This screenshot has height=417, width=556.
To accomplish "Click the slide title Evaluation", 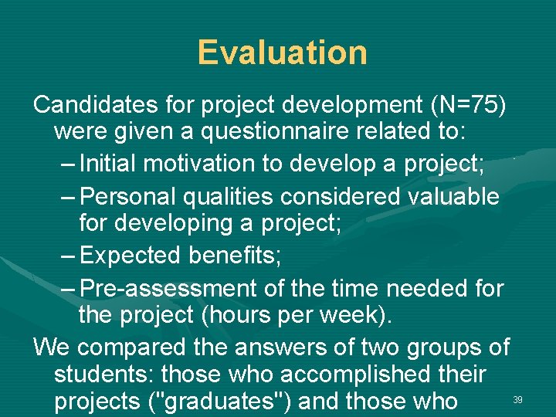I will coord(282,53).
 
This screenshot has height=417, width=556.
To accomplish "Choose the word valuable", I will coord(452,196).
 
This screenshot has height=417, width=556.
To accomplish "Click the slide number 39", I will coord(518,399).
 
